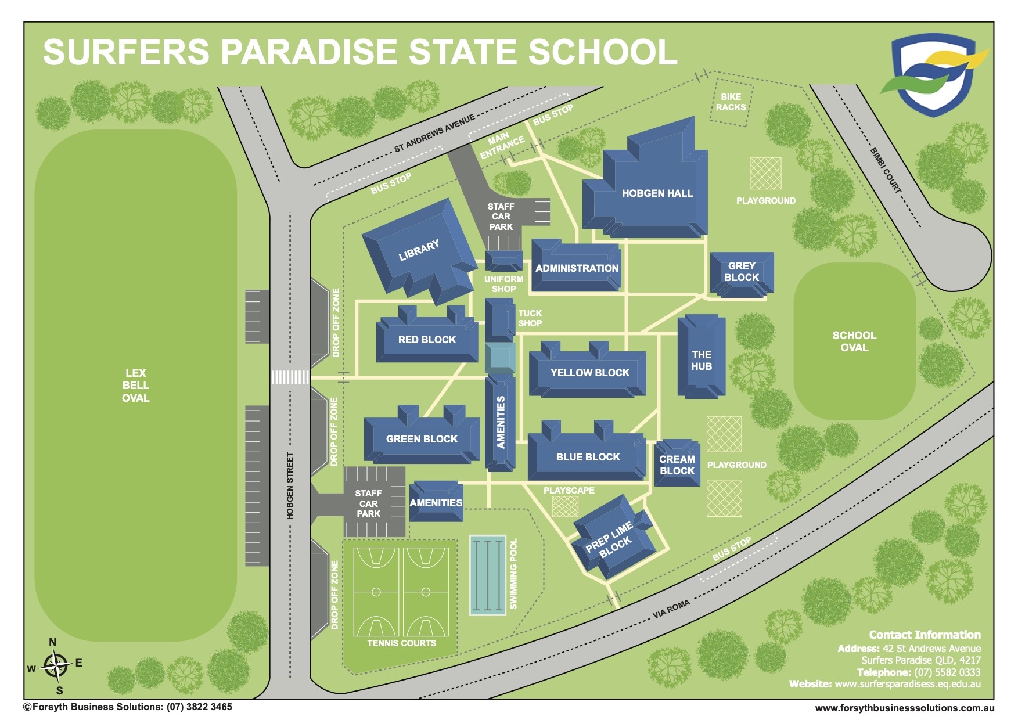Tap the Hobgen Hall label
point(657,193)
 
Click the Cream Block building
point(677,465)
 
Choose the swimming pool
point(487,574)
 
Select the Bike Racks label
point(731,102)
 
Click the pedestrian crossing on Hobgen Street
point(290,377)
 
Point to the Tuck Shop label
point(530,318)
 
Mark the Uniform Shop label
point(503,284)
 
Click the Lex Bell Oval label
point(135,386)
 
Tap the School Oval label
point(854,341)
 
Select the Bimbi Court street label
point(885,170)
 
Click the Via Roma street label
point(671,609)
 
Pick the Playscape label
point(569,491)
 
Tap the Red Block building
point(427,340)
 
